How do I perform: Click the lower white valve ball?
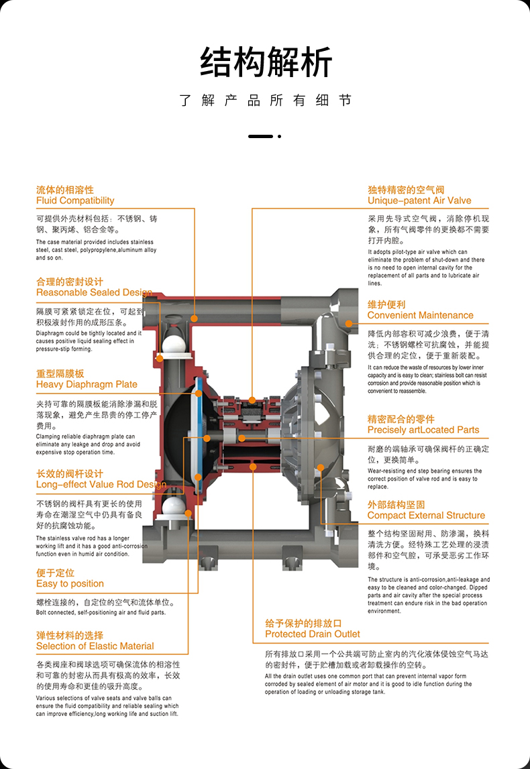[x=173, y=504]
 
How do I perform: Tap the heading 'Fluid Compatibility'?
[x=75, y=200]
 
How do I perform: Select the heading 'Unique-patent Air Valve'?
[x=419, y=200]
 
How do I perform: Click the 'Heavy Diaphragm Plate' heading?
[x=87, y=384]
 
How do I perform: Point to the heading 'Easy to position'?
[x=70, y=583]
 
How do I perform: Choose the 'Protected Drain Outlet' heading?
[x=312, y=634]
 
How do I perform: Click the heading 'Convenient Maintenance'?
[x=420, y=315]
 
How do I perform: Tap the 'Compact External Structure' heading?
[x=426, y=516]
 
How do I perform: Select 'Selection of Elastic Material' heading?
[x=95, y=646]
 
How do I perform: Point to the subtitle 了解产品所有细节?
[x=266, y=101]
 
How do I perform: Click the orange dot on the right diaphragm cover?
[x=320, y=467]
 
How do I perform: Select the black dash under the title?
[x=260, y=136]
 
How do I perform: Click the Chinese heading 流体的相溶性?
[x=65, y=190]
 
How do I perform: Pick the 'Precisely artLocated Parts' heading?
[x=423, y=430]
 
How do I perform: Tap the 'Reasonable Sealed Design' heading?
[x=94, y=292]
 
